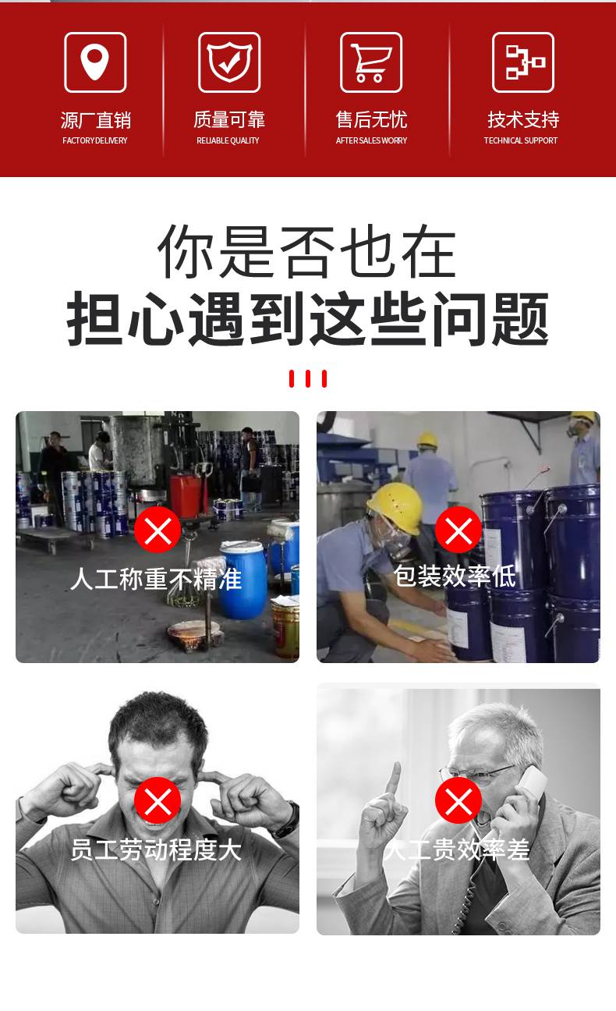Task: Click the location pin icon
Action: tap(95, 62)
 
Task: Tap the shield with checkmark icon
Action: tap(228, 62)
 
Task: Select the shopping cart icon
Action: tap(371, 62)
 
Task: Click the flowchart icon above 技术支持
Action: tap(523, 62)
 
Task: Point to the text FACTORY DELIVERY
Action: tap(95, 140)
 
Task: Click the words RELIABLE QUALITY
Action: tap(228, 140)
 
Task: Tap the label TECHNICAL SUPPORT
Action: tap(520, 140)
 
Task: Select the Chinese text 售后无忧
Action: tap(371, 119)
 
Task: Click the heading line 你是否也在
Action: tap(307, 251)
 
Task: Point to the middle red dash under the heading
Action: tap(308, 378)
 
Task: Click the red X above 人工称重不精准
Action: tap(158, 530)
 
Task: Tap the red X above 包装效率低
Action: tap(458, 530)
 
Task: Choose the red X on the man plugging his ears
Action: tap(158, 800)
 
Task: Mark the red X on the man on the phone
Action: tap(458, 800)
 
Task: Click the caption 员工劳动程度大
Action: tap(156, 850)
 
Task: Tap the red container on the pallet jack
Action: tap(186, 495)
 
